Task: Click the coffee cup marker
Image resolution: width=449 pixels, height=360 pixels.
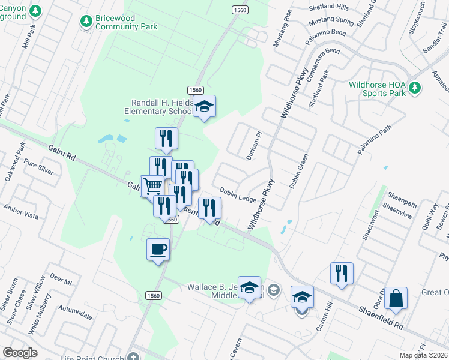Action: click(158, 249)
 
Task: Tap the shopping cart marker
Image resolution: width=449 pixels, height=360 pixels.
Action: click(152, 186)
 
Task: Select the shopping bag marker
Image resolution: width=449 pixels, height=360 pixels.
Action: click(396, 298)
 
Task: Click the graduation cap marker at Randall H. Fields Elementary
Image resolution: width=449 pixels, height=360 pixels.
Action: click(205, 107)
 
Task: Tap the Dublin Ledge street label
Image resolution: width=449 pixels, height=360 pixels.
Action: click(237, 194)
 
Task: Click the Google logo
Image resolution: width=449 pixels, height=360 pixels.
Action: click(19, 353)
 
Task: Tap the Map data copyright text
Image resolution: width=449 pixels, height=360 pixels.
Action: click(424, 355)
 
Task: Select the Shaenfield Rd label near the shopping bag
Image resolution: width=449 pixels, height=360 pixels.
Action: click(381, 317)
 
